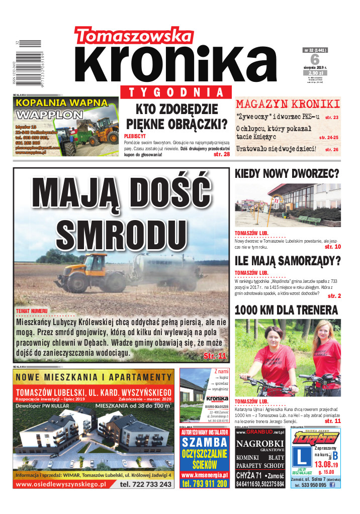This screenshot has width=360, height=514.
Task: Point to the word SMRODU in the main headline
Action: click(119, 231)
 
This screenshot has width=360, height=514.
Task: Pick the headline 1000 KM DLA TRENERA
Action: click(286, 310)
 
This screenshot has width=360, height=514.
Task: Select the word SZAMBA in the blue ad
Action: click(205, 443)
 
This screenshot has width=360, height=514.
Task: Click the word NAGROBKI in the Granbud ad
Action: click(260, 444)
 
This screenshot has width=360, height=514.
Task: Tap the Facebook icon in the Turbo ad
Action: click(332, 485)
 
